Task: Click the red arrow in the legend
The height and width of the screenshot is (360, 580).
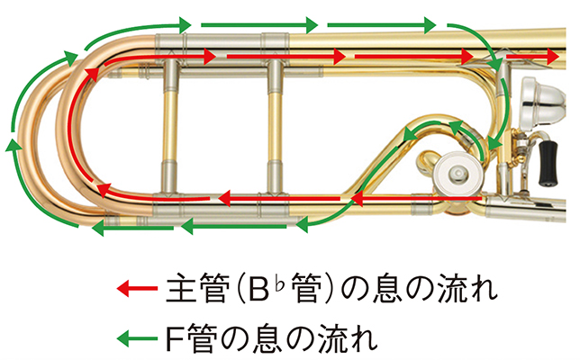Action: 135,291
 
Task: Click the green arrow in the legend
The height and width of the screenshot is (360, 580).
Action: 135,338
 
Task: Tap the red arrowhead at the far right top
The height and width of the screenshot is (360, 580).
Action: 550,57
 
